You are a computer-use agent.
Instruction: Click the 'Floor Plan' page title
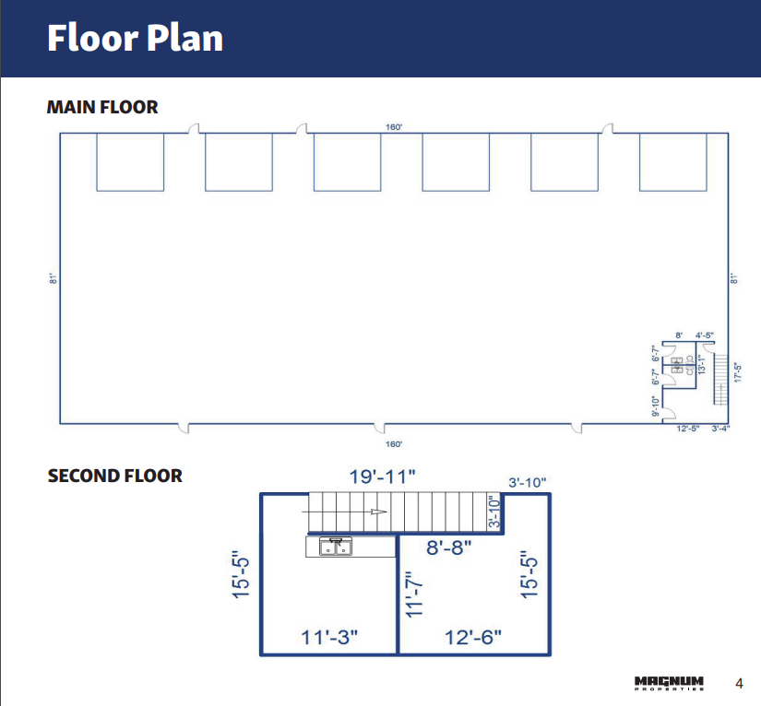coord(135,39)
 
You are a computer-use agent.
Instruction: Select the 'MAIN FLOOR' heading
coord(102,107)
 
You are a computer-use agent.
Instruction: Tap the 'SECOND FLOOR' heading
coord(114,476)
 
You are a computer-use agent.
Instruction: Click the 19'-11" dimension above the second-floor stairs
coord(383,477)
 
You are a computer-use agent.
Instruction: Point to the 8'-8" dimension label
coord(448,547)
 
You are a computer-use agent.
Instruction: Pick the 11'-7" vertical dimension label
coord(413,594)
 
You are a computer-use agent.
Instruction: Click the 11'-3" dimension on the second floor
coord(329,637)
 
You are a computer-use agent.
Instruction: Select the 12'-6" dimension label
coord(473,637)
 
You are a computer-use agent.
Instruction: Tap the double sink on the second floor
coord(336,547)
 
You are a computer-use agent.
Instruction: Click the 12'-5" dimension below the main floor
coord(688,429)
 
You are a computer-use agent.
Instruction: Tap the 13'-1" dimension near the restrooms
coord(700,364)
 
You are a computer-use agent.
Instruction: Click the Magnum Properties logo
coord(669,683)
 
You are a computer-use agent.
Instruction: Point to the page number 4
coord(739,683)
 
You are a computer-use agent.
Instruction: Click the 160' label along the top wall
coord(394,127)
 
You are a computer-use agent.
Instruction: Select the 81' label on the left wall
coord(54,278)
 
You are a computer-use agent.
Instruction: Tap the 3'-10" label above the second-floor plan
coord(528,482)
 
